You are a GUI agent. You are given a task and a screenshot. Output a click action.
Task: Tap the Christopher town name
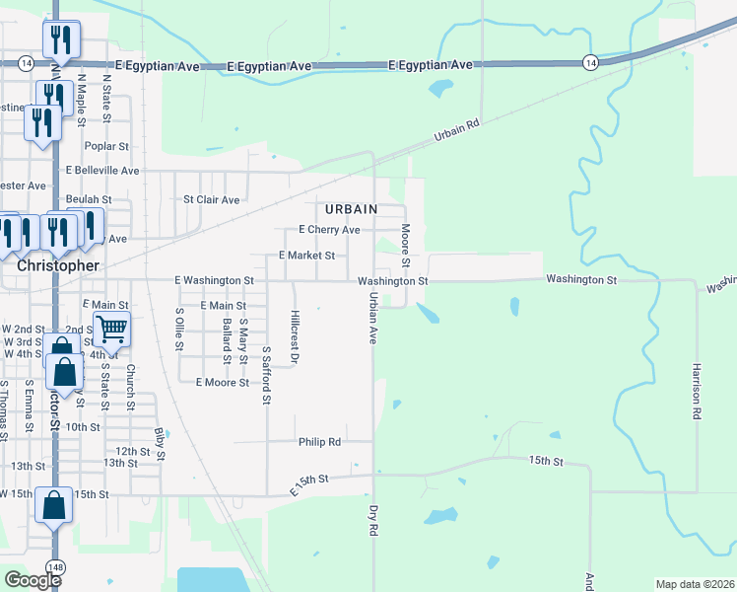(x=58, y=265)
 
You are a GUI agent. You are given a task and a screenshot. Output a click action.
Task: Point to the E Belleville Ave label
(x=102, y=170)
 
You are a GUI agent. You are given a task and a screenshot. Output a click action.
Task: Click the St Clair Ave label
(x=212, y=199)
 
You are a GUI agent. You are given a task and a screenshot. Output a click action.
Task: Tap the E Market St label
(x=307, y=255)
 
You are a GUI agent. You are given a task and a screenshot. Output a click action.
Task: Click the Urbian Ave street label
(x=374, y=318)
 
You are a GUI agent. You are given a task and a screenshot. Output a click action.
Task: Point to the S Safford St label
(x=266, y=375)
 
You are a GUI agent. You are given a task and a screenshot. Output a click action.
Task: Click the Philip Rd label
(x=319, y=442)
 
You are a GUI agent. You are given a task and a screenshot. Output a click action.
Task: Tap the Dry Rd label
(x=374, y=520)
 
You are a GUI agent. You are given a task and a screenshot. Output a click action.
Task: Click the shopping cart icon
(x=111, y=329)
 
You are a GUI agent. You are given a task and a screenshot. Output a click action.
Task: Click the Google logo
(x=33, y=580)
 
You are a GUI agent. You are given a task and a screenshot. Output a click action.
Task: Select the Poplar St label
(x=107, y=146)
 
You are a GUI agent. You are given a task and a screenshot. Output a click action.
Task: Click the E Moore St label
(x=222, y=382)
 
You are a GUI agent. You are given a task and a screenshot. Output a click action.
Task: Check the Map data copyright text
(x=694, y=584)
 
